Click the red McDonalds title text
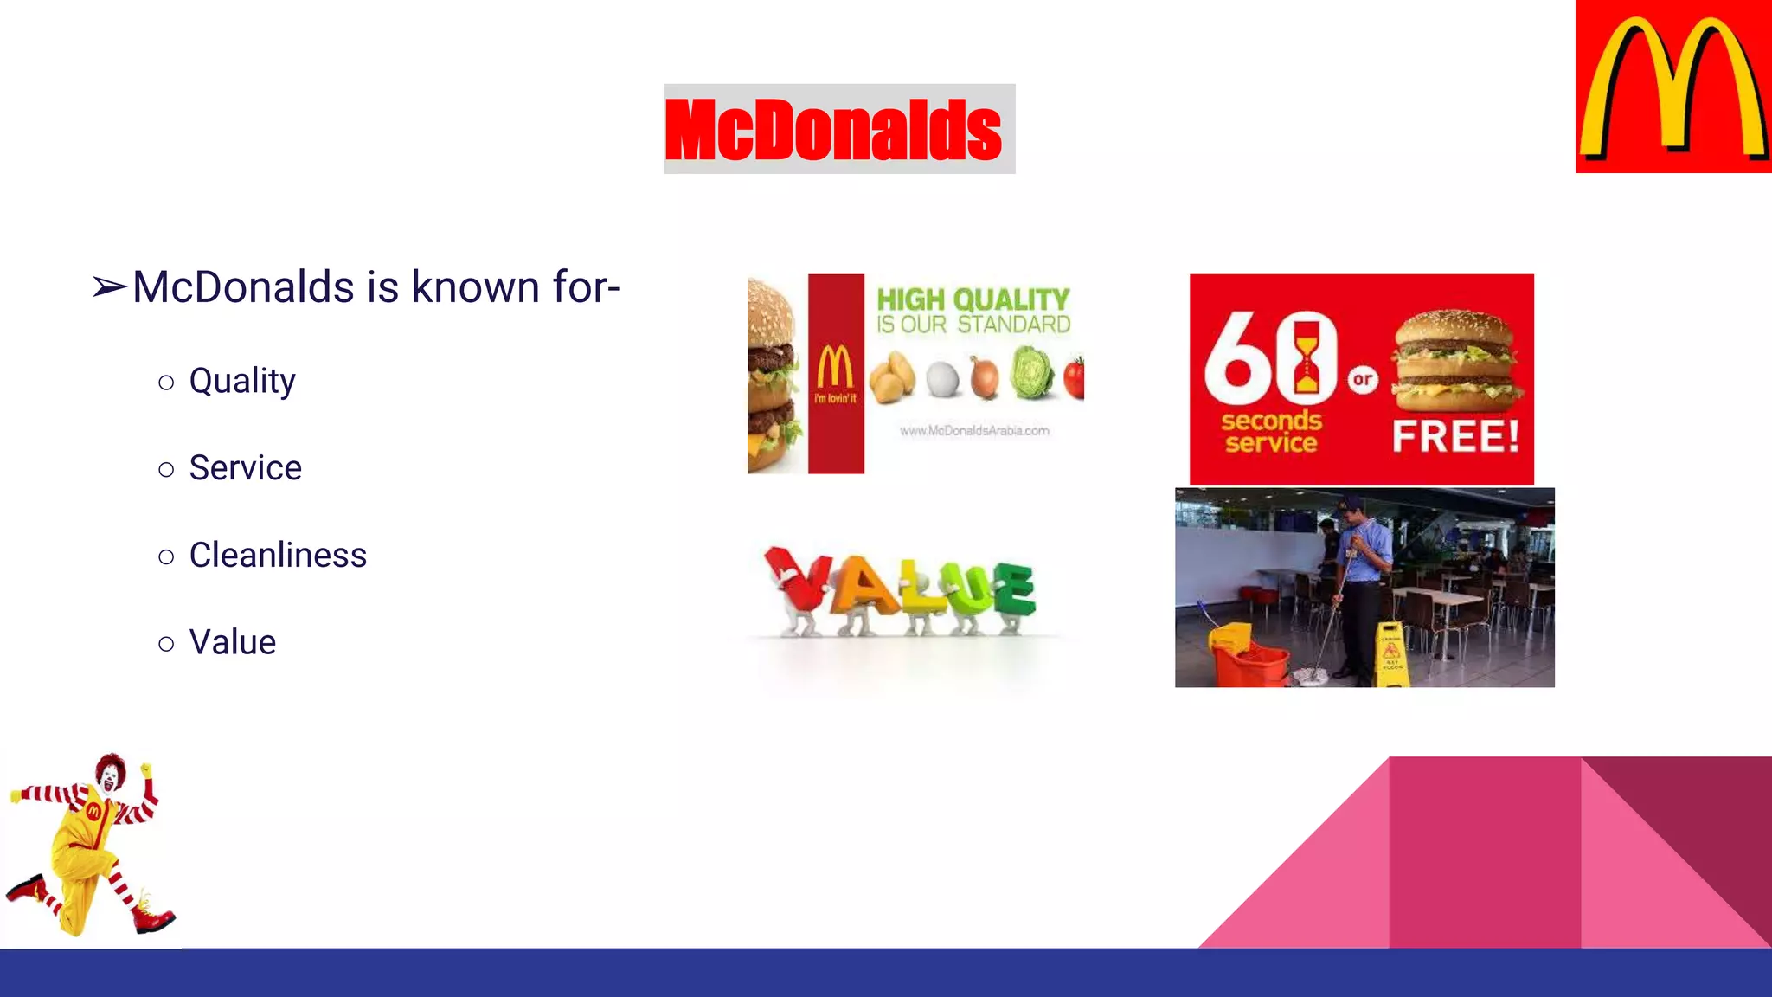point(833,130)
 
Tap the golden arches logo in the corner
point(1673,87)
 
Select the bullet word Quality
point(242,381)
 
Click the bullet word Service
point(246,468)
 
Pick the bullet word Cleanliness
point(278,556)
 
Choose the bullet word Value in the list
point(233,643)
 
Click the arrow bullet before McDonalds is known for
point(110,287)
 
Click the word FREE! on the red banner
point(1455,436)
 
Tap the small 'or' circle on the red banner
point(1363,379)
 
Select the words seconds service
point(1271,432)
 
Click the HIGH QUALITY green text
point(973,299)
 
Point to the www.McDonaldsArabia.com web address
point(974,430)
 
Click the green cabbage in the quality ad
point(1032,374)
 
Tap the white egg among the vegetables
point(942,378)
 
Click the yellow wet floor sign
point(1391,656)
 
